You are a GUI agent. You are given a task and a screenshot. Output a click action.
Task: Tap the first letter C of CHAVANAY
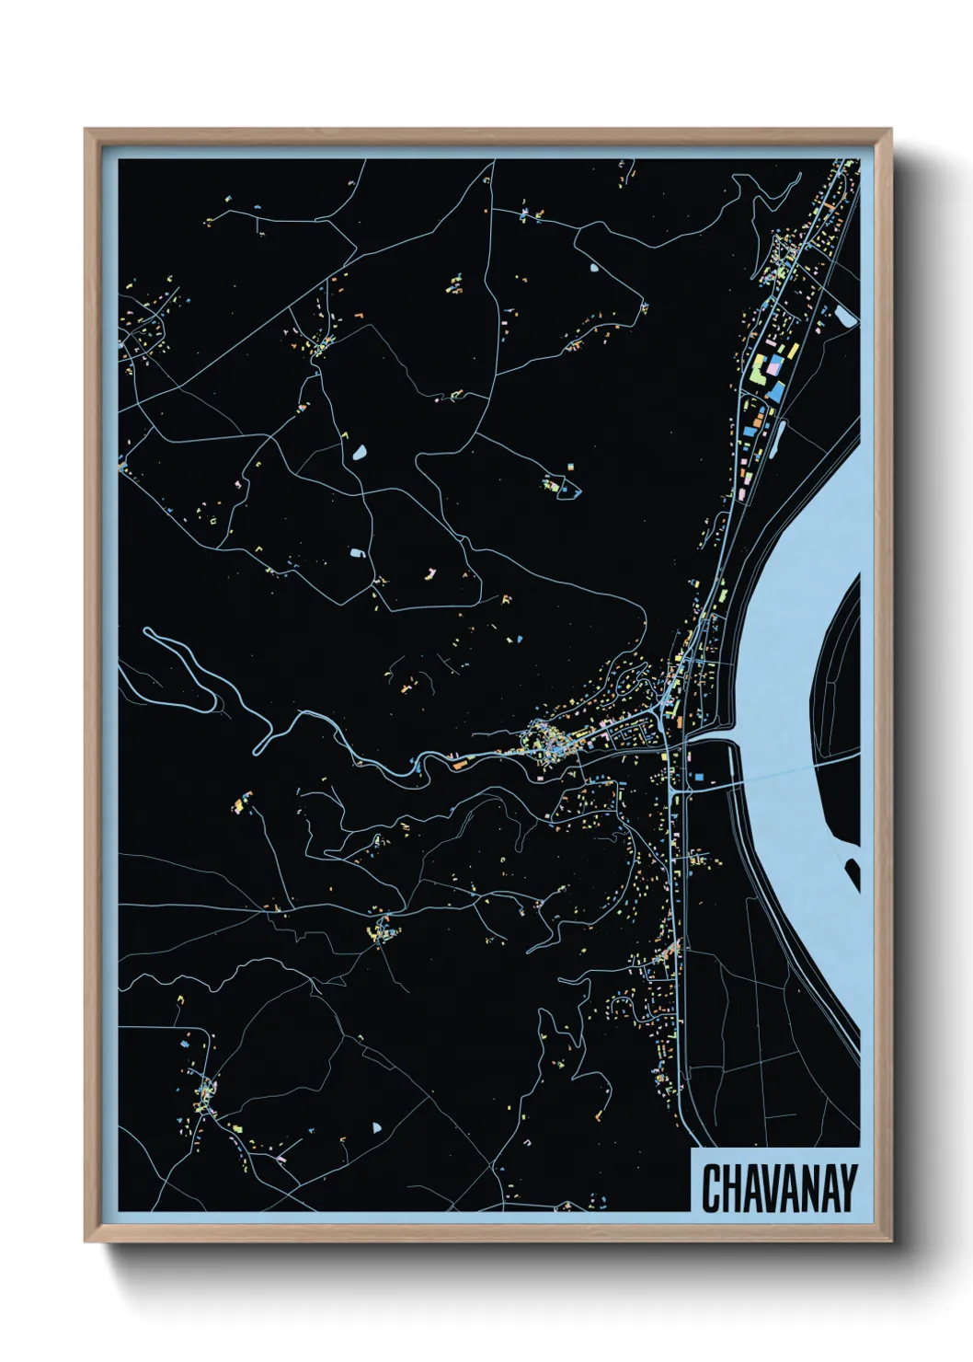(711, 1188)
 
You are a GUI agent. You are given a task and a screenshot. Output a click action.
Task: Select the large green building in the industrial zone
(759, 373)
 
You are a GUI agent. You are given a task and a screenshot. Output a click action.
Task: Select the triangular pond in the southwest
(375, 1126)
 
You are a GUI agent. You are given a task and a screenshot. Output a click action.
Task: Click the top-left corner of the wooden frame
(87, 132)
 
